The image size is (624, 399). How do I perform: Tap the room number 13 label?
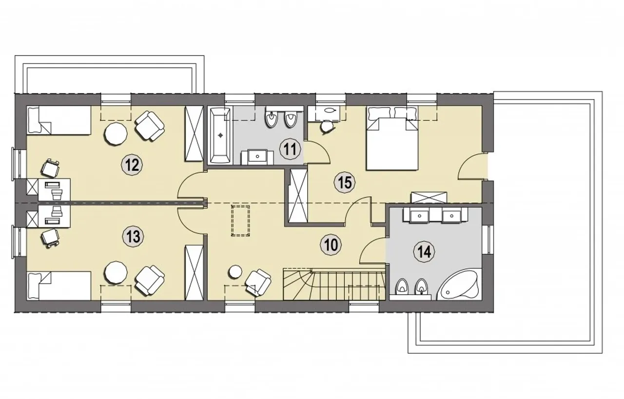point(133,237)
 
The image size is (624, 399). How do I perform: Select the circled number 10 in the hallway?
point(331,245)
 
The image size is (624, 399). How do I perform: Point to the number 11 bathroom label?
point(290,150)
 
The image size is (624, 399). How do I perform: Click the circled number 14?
point(424,252)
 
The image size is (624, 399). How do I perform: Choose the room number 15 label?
point(345,183)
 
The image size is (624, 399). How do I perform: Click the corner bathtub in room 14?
point(457,285)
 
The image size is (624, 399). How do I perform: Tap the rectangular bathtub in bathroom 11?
point(220,135)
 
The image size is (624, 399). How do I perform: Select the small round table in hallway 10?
point(235,271)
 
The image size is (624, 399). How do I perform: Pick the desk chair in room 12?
point(50,168)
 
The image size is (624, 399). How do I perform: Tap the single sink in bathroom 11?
point(257,156)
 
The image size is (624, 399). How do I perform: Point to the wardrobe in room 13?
point(194,273)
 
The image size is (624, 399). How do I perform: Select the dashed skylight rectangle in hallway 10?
point(240,221)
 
